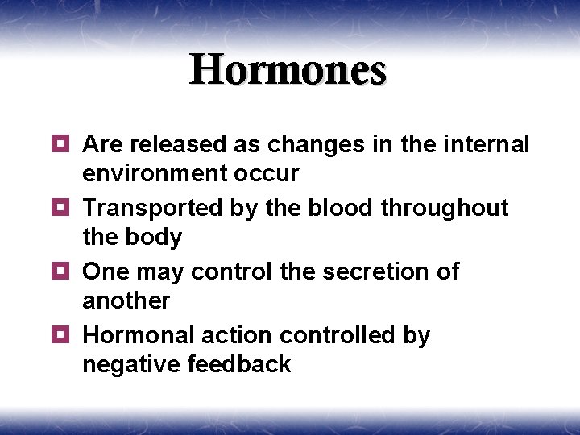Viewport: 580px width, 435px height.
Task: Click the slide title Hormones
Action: [x=288, y=70]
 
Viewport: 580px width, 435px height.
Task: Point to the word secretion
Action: [x=370, y=271]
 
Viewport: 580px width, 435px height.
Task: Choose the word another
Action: [x=126, y=301]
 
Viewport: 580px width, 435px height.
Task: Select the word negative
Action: [x=130, y=365]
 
